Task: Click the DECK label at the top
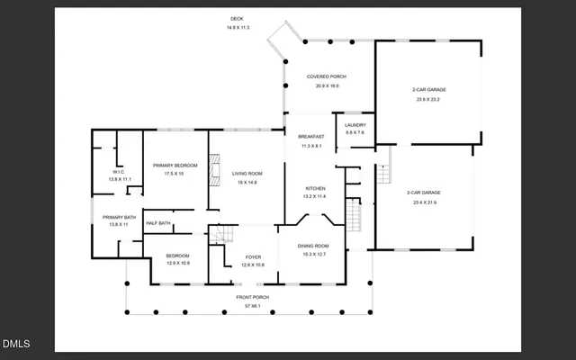pyautogui.click(x=238, y=19)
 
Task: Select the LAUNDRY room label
pyautogui.click(x=355, y=125)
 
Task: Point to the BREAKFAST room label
pyautogui.click(x=310, y=137)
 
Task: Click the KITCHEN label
pyautogui.click(x=313, y=188)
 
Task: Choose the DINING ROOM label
pyautogui.click(x=315, y=246)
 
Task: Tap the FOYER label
pyautogui.click(x=254, y=256)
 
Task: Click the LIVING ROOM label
pyautogui.click(x=247, y=174)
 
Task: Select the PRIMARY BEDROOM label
pyautogui.click(x=174, y=165)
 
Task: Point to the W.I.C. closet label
pyautogui.click(x=120, y=171)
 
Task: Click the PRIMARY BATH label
pyautogui.click(x=119, y=216)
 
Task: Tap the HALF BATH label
pyautogui.click(x=158, y=222)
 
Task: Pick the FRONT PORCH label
pyautogui.click(x=253, y=297)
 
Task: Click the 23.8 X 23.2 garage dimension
pyautogui.click(x=429, y=99)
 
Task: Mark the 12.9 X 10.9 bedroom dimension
pyautogui.click(x=178, y=264)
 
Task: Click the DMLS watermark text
pyautogui.click(x=16, y=343)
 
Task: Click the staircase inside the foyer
pyautogui.click(x=220, y=237)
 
